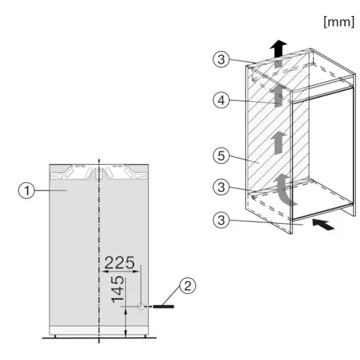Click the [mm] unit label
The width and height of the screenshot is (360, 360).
pos(339,22)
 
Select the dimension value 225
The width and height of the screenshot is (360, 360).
pos(119,263)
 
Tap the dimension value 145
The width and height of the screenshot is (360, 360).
pos(118,289)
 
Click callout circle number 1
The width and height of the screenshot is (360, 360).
pos(26,190)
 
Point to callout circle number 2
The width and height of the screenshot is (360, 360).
pos(188,286)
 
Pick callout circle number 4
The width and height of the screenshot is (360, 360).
pos(221,100)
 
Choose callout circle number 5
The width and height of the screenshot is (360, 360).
pos(221,155)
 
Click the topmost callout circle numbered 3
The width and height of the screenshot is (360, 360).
pos(221,59)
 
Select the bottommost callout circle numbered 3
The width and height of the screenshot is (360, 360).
pos(221,220)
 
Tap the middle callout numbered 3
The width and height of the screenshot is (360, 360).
pos(221,187)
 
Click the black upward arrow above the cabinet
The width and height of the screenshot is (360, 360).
pos(278,49)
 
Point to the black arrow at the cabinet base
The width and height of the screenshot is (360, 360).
pos(323,225)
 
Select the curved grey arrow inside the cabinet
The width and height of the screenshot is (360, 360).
pos(284,190)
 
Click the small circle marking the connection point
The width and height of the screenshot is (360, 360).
pos(141,307)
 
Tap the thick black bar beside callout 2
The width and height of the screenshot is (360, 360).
pos(163,307)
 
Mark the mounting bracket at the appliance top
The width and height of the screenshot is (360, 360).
pos(99,172)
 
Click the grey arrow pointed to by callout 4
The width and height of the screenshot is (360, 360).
pos(278,96)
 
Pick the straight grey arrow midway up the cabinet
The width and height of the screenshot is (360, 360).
pos(279,143)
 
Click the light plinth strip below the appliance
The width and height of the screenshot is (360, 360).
pos(99,331)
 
